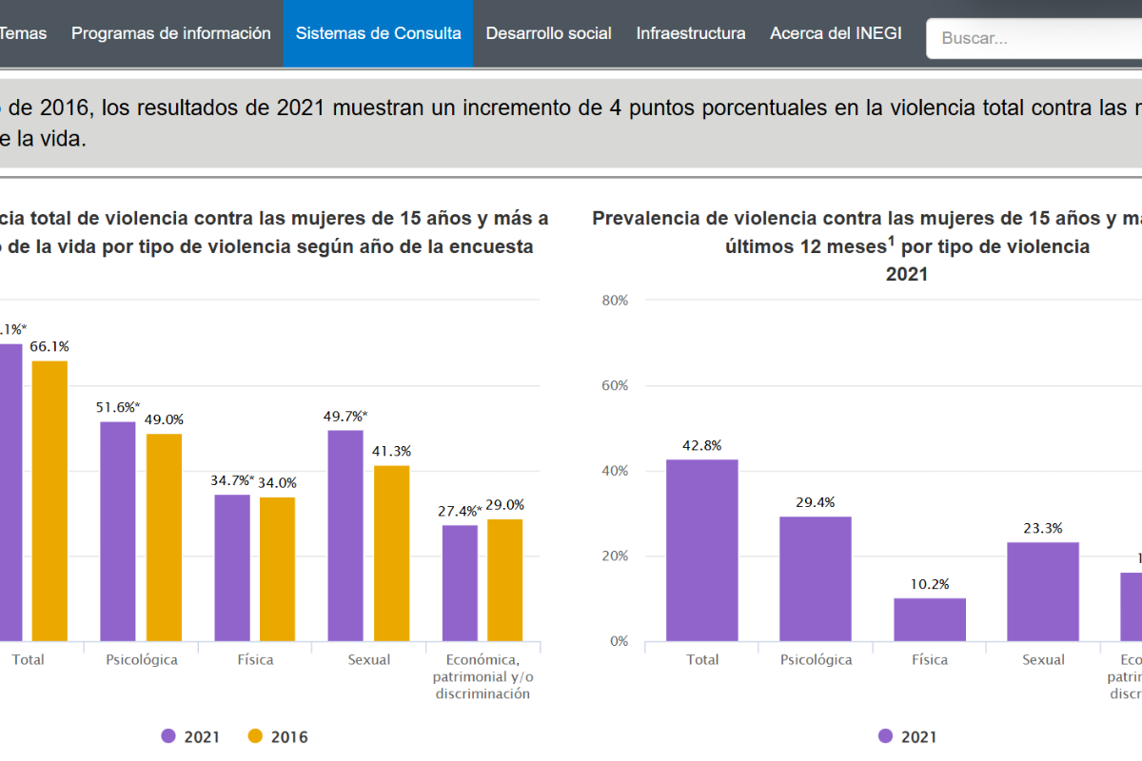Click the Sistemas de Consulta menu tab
[x=378, y=33]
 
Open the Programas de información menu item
[x=171, y=33]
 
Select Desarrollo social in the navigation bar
[x=548, y=33]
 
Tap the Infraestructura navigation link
[x=691, y=33]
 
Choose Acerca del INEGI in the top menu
[x=836, y=33]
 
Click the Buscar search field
[x=1037, y=39]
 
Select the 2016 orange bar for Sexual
[x=391, y=553]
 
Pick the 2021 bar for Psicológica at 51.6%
[x=118, y=531]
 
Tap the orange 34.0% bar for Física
[x=278, y=569]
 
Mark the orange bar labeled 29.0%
[x=505, y=579]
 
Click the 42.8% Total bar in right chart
[x=702, y=550]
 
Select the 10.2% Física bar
[x=929, y=619]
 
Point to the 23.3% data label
[x=1043, y=528]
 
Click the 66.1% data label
[x=49, y=346]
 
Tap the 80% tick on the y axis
[x=615, y=301]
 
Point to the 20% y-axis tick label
[x=615, y=556]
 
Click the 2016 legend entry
[x=278, y=736]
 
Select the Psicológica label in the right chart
[x=816, y=659]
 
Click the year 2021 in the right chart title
[x=906, y=274]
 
